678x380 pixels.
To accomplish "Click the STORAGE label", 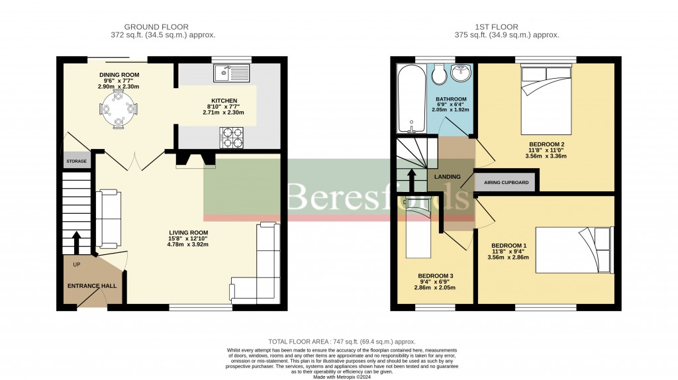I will [x=76, y=161].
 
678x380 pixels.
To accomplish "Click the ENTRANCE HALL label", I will [x=91, y=286].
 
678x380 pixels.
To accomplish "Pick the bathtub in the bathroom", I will [x=411, y=98].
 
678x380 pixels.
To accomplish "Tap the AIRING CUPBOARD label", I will [x=507, y=182].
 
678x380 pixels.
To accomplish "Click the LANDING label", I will [x=448, y=177].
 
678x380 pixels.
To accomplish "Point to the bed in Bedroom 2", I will [x=546, y=100].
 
